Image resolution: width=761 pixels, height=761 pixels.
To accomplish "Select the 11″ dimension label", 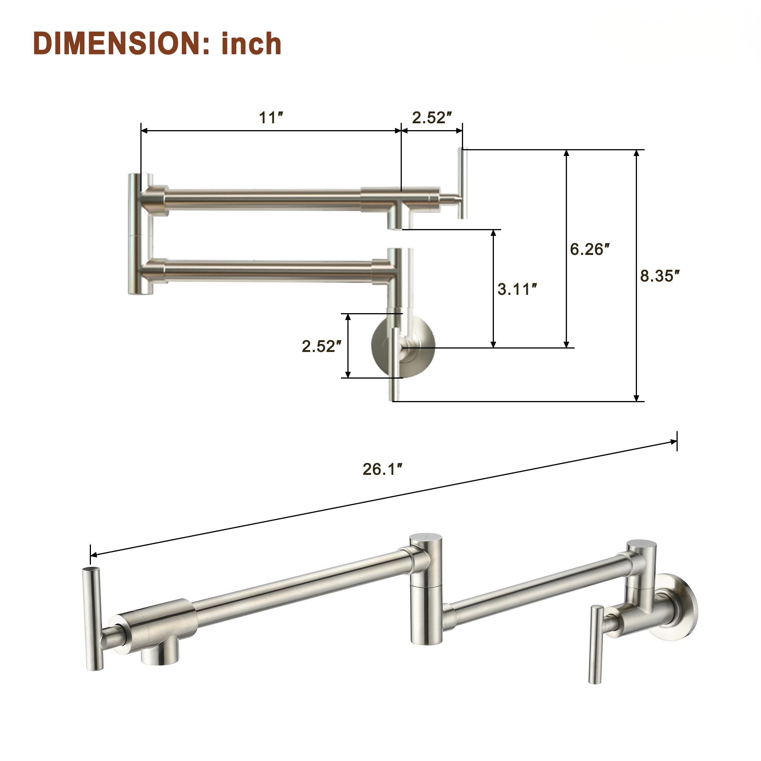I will [x=271, y=117].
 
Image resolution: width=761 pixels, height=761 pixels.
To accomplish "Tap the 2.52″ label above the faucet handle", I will [x=432, y=117].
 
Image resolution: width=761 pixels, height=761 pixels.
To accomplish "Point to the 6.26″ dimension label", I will [x=590, y=249].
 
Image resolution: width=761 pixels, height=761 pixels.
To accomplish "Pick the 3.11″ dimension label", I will [x=517, y=289].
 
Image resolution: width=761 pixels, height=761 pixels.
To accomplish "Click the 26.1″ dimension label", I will [x=382, y=469].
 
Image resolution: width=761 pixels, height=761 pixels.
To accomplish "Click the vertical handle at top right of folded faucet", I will [x=463, y=183].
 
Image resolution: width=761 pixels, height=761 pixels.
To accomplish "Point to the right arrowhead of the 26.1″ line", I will [x=673, y=442].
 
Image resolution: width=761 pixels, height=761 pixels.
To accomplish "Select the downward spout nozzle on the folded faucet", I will [x=395, y=221].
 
